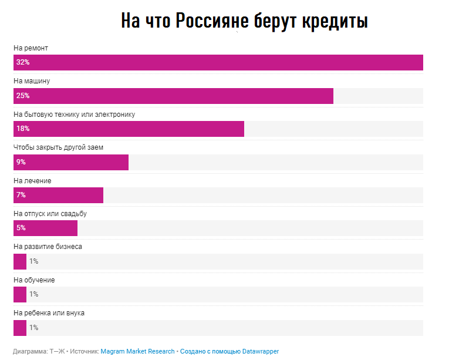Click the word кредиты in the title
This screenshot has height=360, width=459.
click(x=335, y=21)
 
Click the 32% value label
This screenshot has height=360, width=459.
click(x=23, y=62)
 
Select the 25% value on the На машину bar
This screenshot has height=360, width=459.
click(x=23, y=96)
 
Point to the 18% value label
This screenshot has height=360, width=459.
click(x=23, y=129)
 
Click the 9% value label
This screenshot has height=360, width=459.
click(x=21, y=162)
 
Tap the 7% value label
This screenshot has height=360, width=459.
click(x=21, y=195)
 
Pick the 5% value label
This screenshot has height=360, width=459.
click(x=21, y=228)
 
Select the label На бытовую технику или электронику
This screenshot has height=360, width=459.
click(x=74, y=114)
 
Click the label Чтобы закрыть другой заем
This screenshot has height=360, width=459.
click(x=58, y=147)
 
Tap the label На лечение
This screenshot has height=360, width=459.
click(x=32, y=181)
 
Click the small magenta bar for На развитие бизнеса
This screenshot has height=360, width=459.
click(x=20, y=261)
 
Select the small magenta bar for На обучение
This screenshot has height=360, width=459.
click(x=20, y=294)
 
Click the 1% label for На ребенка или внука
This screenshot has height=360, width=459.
click(x=33, y=328)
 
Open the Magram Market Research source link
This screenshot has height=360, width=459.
click(x=137, y=351)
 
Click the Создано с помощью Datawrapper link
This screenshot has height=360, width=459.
click(x=230, y=351)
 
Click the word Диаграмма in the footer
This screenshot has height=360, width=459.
click(x=30, y=351)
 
